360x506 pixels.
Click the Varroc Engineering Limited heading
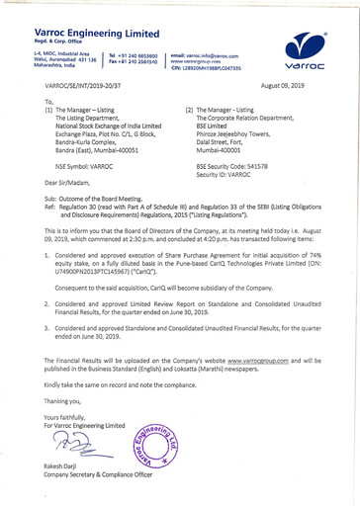coord(84,20)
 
